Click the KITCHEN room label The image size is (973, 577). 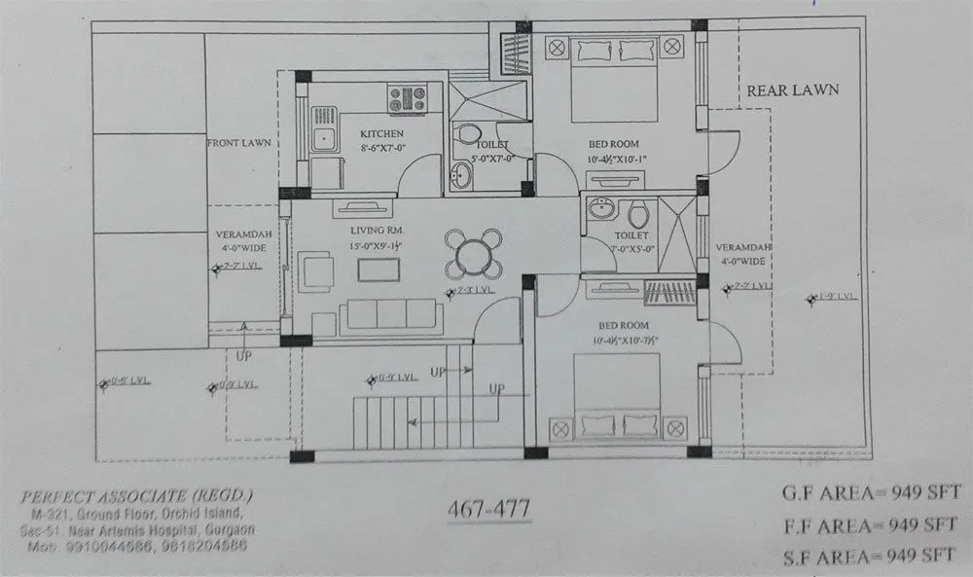pyautogui.click(x=381, y=133)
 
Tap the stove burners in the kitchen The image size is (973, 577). pyautogui.click(x=407, y=98)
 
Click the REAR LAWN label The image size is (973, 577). pyautogui.click(x=792, y=90)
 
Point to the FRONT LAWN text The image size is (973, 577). pyautogui.click(x=238, y=143)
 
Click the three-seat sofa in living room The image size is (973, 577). pyautogui.click(x=390, y=314)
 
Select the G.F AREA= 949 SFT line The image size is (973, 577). pyautogui.click(x=869, y=494)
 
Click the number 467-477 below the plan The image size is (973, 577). pyautogui.click(x=488, y=508)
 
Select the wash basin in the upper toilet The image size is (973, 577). pyautogui.click(x=460, y=176)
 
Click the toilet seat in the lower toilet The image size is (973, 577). pyautogui.click(x=638, y=214)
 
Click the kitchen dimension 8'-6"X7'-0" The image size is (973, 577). pyautogui.click(x=381, y=148)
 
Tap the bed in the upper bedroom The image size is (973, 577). pyautogui.click(x=613, y=79)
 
